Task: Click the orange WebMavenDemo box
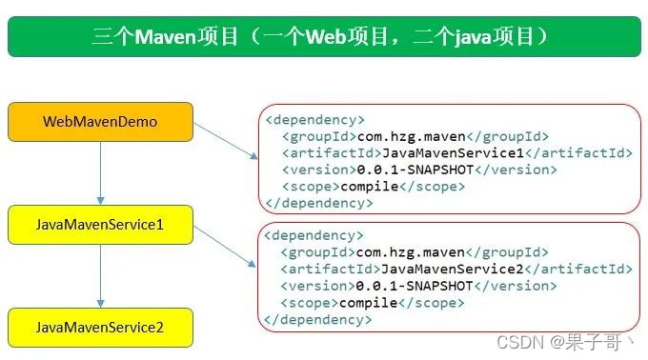(100, 122)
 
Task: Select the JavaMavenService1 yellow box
(100, 225)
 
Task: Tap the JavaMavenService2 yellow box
(100, 328)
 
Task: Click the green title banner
(324, 37)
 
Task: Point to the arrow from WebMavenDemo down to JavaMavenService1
(100, 173)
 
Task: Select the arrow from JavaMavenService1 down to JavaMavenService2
(100, 276)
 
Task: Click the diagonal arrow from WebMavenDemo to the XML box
(225, 139)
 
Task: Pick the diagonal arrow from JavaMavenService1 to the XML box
(225, 242)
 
